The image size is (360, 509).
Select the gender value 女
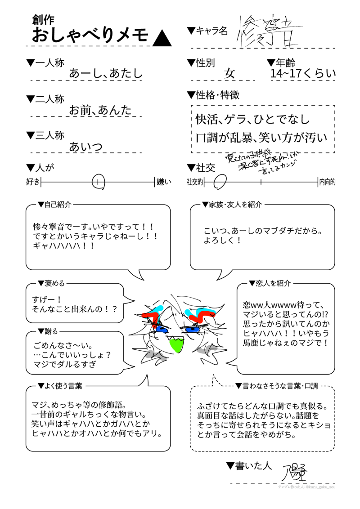coord(229,73)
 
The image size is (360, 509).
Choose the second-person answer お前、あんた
coord(100,110)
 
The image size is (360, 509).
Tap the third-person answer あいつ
coord(86,146)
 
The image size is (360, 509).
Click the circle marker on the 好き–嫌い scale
coord(98,182)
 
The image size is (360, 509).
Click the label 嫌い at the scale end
coord(163,182)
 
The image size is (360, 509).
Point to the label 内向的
coord(327,182)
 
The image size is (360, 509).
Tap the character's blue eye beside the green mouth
coord(160,329)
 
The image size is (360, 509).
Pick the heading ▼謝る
coord(48,331)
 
